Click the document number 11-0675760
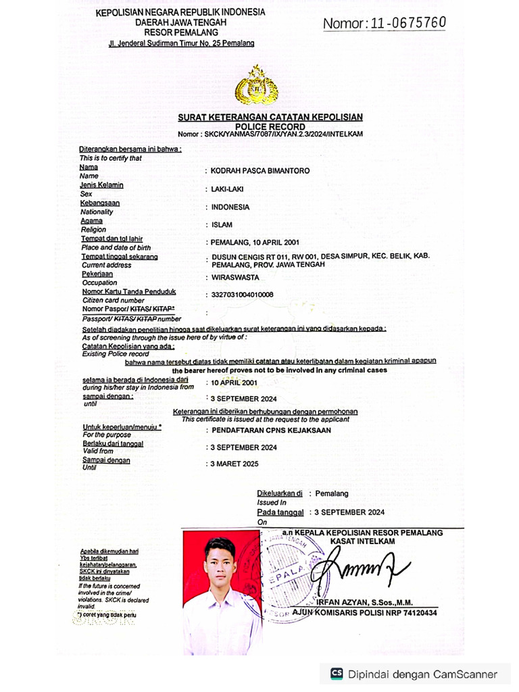pos(405,23)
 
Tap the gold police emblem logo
pos(256,85)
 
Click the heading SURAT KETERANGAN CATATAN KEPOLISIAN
pos(270,117)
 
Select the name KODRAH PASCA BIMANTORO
pos(261,171)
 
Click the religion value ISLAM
pos(222,225)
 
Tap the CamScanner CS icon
pos(337,674)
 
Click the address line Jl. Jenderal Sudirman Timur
pos(181,43)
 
